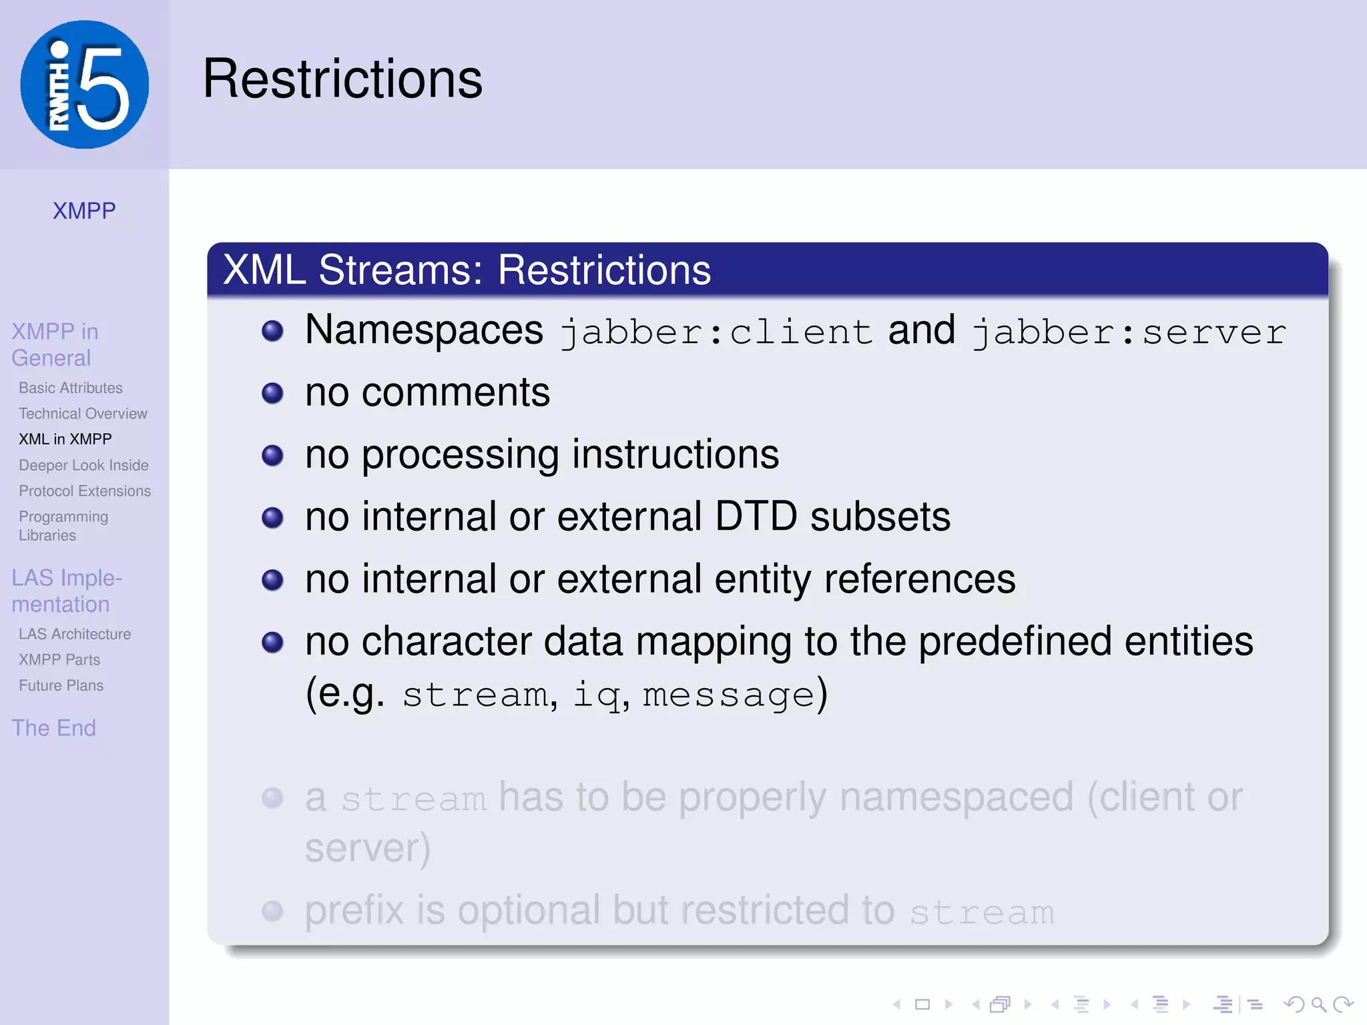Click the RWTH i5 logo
click(x=85, y=85)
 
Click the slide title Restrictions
click(x=342, y=79)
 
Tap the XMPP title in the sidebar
click(x=84, y=211)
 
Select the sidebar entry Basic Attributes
click(x=71, y=388)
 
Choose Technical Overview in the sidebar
click(x=83, y=414)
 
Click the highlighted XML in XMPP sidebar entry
click(x=65, y=439)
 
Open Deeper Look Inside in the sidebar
click(x=83, y=465)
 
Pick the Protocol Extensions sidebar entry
click(x=85, y=491)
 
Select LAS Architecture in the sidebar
click(x=75, y=634)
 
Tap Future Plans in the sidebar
click(x=61, y=685)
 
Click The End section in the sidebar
click(x=54, y=727)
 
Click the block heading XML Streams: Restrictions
click(x=467, y=270)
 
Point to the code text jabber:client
click(x=716, y=332)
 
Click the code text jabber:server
click(x=1129, y=332)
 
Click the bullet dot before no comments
click(x=272, y=393)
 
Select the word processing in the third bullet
click(x=460, y=456)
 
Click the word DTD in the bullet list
click(x=756, y=517)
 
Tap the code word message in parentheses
click(x=728, y=695)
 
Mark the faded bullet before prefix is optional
click(x=272, y=911)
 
